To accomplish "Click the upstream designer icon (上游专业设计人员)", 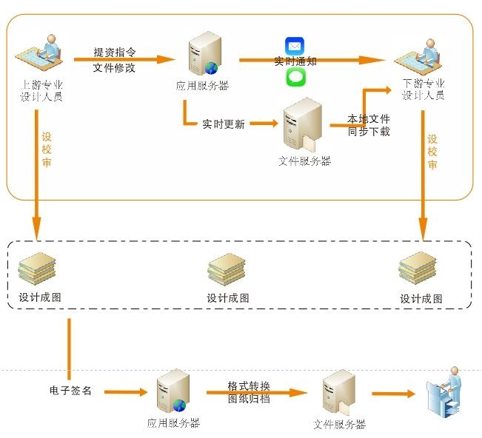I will point(43,53).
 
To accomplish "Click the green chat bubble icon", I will point(295,77).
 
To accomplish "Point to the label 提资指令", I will point(114,53).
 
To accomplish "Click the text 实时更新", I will point(223,124).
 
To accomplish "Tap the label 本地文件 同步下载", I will point(369,125).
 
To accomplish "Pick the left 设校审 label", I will point(47,149).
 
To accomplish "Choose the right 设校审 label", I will point(432,151).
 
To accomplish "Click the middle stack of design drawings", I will point(227,271).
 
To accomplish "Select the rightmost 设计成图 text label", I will point(421,299).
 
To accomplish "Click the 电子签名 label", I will point(70,390).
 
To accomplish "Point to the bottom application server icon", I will point(174,393).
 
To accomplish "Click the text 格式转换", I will point(249,386).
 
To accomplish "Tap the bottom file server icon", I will point(339,395).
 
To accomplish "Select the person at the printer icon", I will point(446,394).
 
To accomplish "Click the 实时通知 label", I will point(295,61).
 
